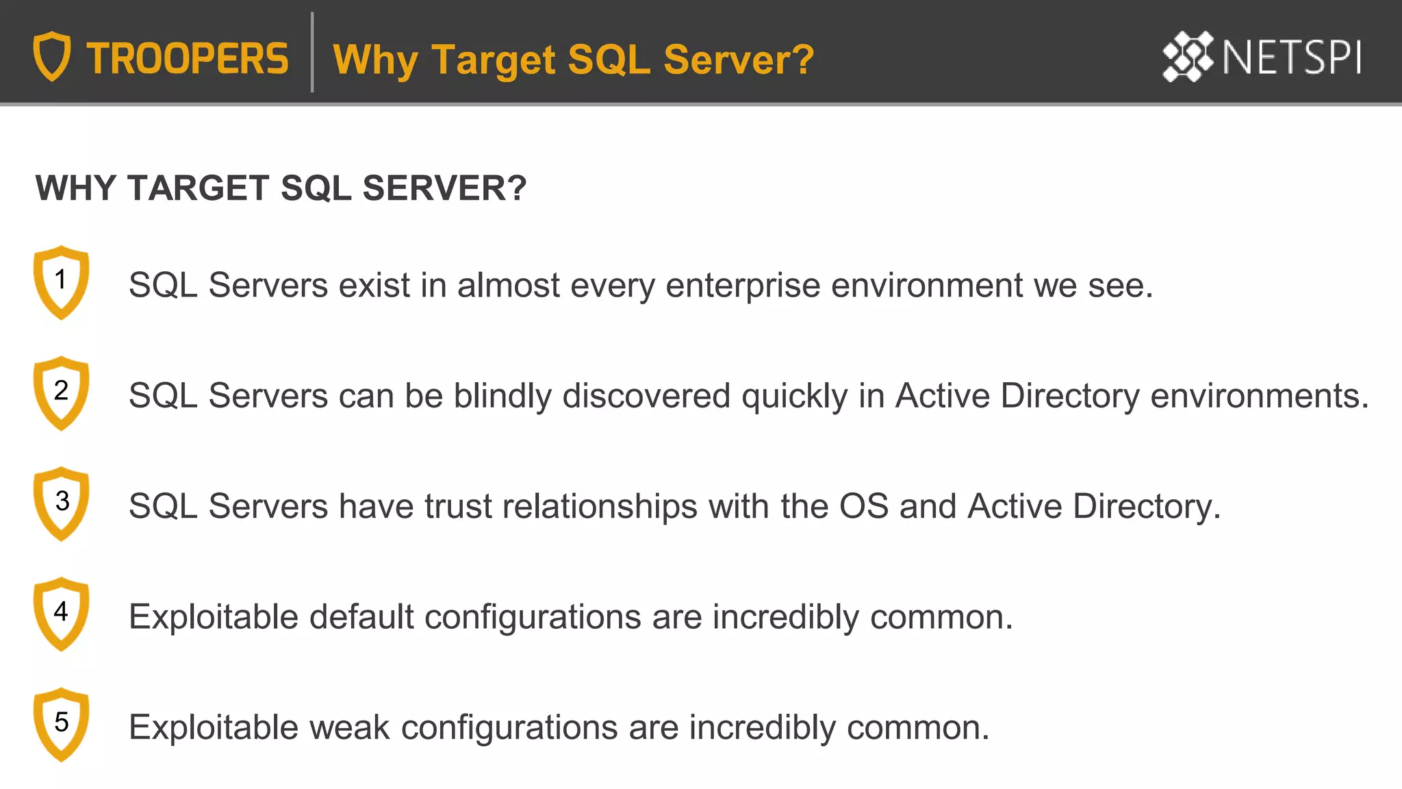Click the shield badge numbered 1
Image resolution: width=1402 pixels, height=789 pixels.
click(61, 281)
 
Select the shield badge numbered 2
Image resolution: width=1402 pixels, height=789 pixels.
click(61, 392)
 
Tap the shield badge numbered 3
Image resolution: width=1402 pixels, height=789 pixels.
click(61, 503)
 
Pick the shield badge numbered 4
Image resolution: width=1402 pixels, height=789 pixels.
click(61, 614)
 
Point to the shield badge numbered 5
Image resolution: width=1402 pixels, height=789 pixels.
click(61, 724)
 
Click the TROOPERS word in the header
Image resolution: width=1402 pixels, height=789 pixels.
click(188, 59)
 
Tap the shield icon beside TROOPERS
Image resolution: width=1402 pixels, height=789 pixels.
click(52, 56)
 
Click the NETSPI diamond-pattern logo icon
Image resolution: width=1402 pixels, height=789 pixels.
click(1188, 57)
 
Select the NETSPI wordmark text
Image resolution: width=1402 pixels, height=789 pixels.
click(1292, 58)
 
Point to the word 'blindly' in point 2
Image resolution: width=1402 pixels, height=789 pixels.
click(502, 397)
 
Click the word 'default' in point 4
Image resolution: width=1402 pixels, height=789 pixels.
click(361, 617)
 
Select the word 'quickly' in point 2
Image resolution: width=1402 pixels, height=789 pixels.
click(795, 397)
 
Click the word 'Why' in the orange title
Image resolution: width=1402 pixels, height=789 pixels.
click(375, 60)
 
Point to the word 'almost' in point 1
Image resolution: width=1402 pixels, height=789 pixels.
click(509, 286)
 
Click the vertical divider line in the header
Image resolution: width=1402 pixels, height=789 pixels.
click(312, 52)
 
